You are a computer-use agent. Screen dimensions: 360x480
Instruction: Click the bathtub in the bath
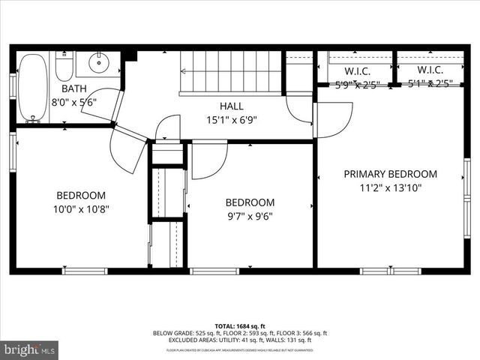(x=33, y=87)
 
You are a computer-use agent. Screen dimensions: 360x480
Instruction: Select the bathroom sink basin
(x=98, y=62)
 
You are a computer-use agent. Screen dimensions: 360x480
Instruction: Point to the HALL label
(x=232, y=106)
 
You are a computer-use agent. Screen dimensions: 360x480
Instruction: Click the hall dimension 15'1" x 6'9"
(x=232, y=119)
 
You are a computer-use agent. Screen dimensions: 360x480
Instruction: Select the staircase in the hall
(x=230, y=73)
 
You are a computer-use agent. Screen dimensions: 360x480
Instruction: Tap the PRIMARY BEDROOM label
(x=390, y=174)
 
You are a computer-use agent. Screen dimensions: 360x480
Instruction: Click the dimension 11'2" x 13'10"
(x=390, y=187)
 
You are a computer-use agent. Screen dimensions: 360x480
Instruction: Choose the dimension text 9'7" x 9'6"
(x=250, y=216)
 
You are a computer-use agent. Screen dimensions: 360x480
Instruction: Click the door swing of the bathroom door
(x=101, y=103)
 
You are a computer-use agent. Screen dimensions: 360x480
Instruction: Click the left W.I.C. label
(x=357, y=70)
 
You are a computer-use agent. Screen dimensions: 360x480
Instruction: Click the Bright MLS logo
(x=29, y=349)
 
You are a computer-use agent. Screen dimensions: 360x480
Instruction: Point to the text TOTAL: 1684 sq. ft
(x=240, y=326)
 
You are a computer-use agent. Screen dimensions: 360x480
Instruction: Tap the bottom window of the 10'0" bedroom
(x=84, y=271)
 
